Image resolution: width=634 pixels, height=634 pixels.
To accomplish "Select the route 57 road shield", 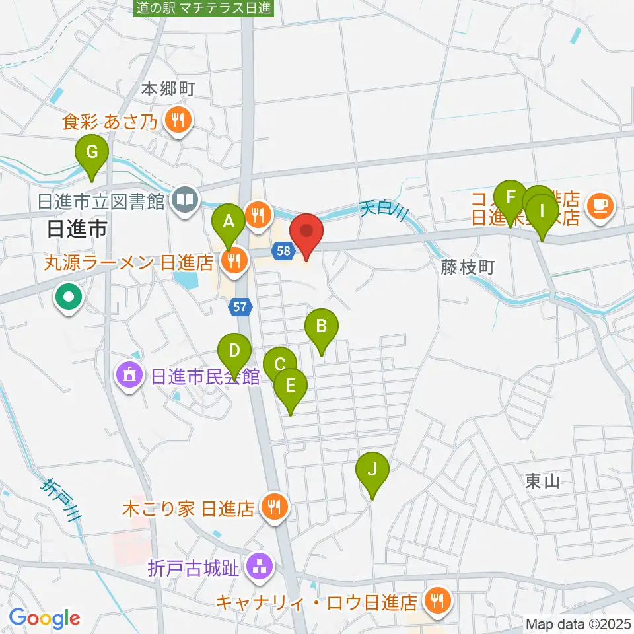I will (x=240, y=305).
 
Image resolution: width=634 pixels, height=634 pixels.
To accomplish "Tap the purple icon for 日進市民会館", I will (x=130, y=376).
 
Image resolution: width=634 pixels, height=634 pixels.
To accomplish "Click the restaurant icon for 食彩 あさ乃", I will (x=178, y=120).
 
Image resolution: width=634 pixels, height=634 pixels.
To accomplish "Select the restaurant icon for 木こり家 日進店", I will (x=272, y=507).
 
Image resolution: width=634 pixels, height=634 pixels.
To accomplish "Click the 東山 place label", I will (x=543, y=481).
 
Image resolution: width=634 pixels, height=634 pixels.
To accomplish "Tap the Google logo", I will (x=44, y=618).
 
